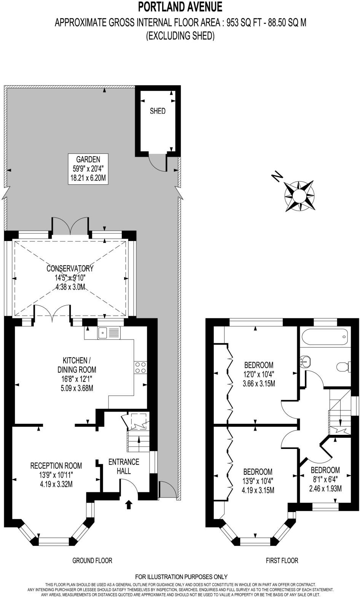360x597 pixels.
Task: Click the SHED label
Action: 158,111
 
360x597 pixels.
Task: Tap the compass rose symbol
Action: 299,196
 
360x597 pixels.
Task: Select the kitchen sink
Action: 109,333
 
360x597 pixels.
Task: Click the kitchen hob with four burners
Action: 140,367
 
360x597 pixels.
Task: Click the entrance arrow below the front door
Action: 129,505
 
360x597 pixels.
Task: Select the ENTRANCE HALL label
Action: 124,466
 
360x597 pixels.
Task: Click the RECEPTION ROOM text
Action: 56,465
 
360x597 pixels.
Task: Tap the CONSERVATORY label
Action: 70,268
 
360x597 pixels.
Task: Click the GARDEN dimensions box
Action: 88,169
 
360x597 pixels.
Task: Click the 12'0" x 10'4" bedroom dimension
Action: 259,374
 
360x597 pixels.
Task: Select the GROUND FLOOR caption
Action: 92,560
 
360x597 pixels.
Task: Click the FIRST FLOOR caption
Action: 282,560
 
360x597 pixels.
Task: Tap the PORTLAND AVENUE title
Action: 180,6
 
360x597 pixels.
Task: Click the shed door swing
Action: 157,162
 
